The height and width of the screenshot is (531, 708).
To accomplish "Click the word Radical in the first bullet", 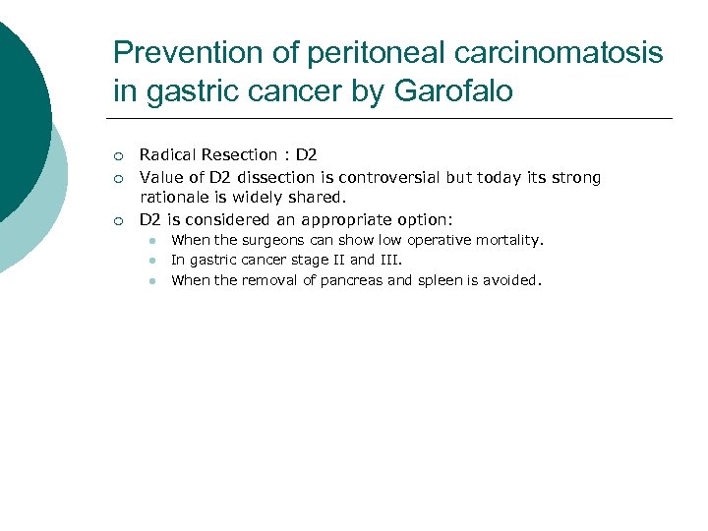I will (168, 155).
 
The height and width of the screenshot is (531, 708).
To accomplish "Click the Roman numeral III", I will (389, 261).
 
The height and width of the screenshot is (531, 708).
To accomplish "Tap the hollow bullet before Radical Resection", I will (117, 156).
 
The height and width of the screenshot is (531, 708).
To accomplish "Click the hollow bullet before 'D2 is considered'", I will (117, 221).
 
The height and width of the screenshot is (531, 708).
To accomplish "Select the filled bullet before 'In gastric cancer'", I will (154, 262).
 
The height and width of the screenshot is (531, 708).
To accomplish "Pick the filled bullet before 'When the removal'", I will (154, 282).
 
